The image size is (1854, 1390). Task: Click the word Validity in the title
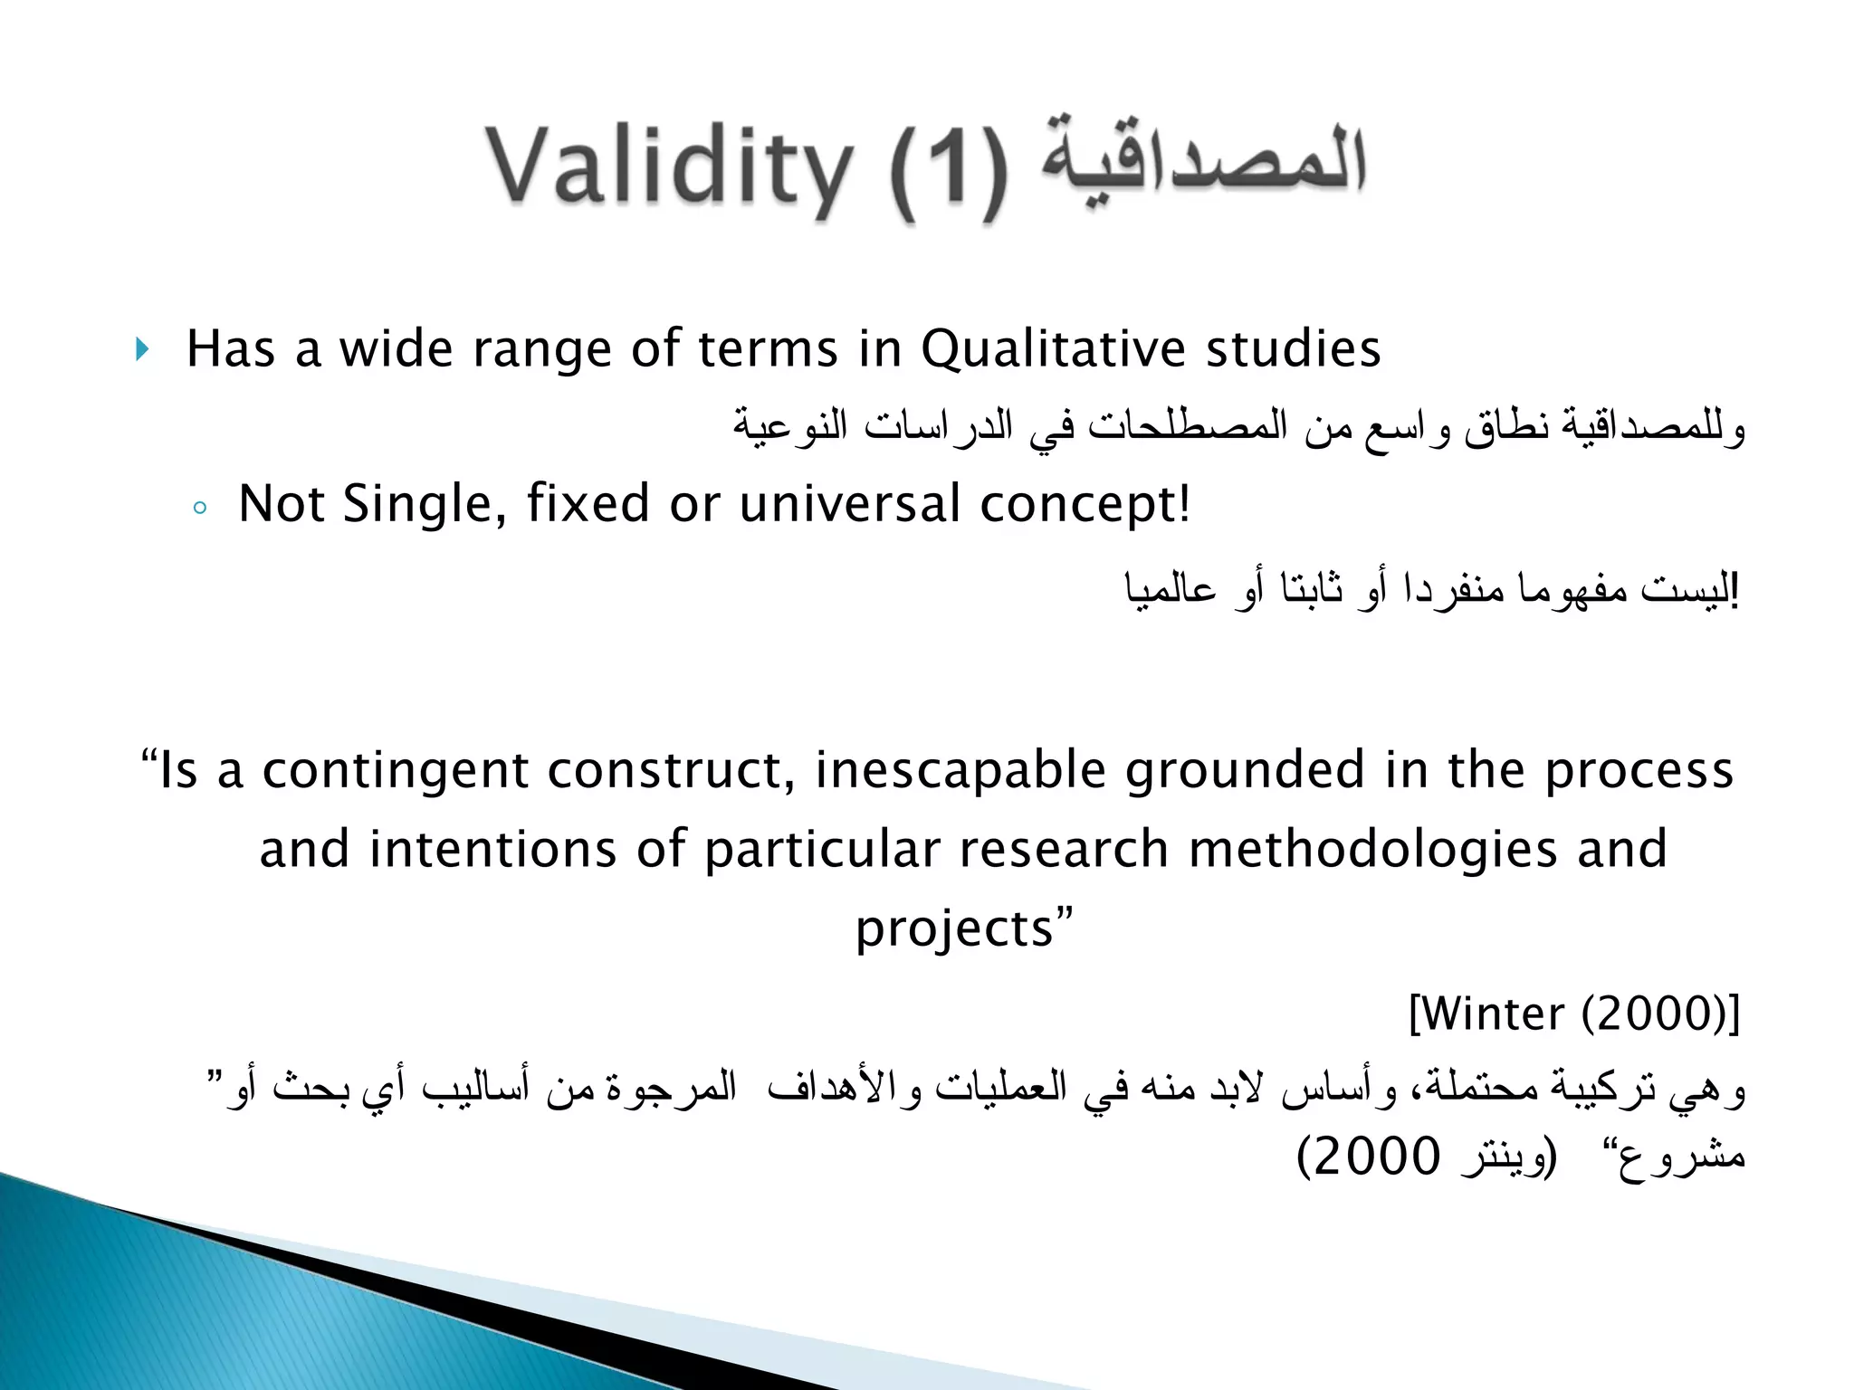[x=669, y=168]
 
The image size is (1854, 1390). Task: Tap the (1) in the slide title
[x=947, y=172]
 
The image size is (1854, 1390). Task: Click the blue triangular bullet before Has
[x=141, y=349]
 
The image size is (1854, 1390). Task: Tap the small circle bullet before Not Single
[x=200, y=509]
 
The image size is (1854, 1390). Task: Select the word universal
[x=849, y=504]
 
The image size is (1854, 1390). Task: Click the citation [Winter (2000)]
[x=1574, y=1014]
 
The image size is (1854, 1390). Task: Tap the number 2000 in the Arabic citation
[x=1376, y=1157]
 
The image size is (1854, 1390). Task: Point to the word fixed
[x=588, y=504]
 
